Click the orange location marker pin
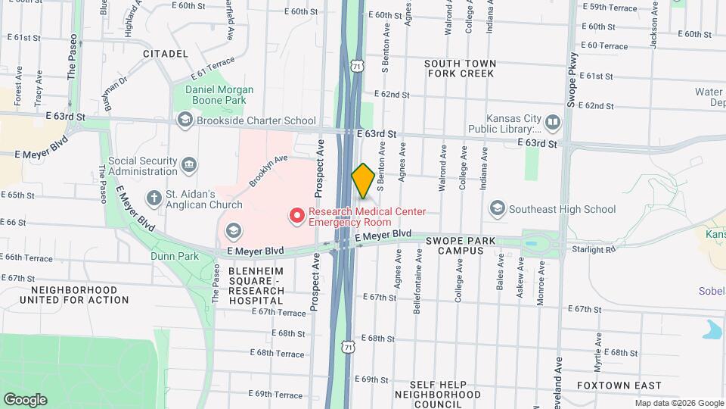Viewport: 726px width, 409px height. coord(363,180)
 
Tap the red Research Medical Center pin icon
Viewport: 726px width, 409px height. coord(297,216)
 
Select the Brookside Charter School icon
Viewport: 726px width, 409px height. coord(185,120)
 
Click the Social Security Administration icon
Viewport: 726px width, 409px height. coord(189,164)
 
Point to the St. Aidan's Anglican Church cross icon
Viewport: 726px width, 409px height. coord(154,198)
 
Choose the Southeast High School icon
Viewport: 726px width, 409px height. coord(497,208)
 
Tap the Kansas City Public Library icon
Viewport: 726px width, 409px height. coord(553,121)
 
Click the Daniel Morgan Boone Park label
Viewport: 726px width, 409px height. coord(219,94)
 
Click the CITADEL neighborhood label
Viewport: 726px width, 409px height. coord(165,54)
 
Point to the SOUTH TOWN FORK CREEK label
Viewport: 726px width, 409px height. coord(460,68)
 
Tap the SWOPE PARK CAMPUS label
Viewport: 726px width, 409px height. coord(460,245)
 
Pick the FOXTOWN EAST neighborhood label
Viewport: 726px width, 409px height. coord(618,386)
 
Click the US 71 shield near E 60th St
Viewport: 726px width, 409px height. coord(356,67)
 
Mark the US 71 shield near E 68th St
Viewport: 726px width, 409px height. coord(347,346)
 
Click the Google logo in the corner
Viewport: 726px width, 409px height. coord(25,399)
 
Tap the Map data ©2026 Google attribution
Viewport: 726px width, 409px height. coord(678,403)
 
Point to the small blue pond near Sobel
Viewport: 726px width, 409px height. coord(712,329)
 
